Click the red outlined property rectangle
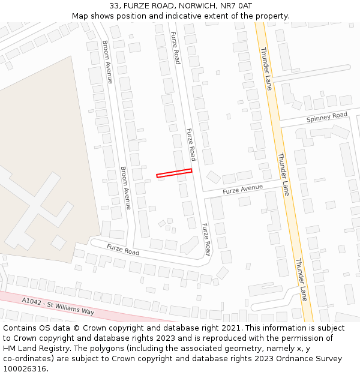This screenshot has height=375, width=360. click(x=174, y=173)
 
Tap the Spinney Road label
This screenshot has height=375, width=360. click(x=326, y=116)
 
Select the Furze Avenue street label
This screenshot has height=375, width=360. click(x=242, y=190)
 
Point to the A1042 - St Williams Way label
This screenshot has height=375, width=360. click(x=58, y=305)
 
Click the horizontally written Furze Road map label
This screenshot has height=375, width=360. click(x=123, y=249)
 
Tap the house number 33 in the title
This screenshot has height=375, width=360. click(x=114, y=6)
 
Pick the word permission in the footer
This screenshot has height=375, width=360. click(x=291, y=338)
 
